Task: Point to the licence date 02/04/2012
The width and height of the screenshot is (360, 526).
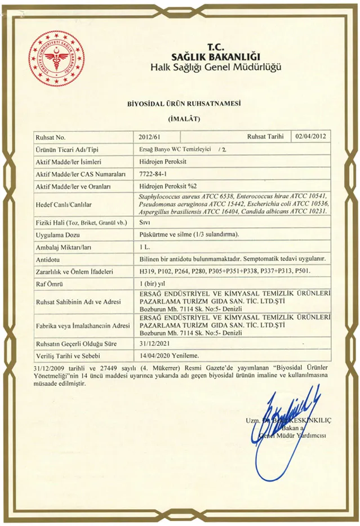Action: pos(310,136)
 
